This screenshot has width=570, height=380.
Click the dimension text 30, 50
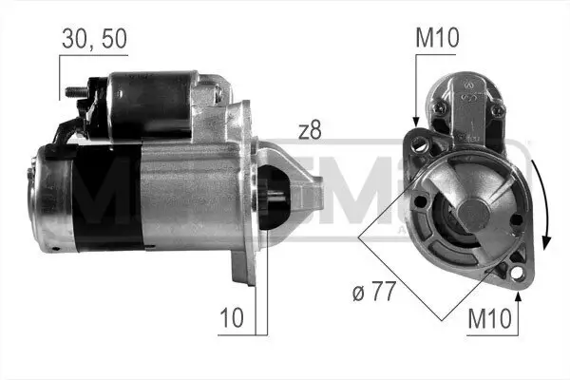pyautogui.click(x=93, y=39)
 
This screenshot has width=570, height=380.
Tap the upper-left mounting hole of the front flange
pyautogui.click(x=418, y=144)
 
